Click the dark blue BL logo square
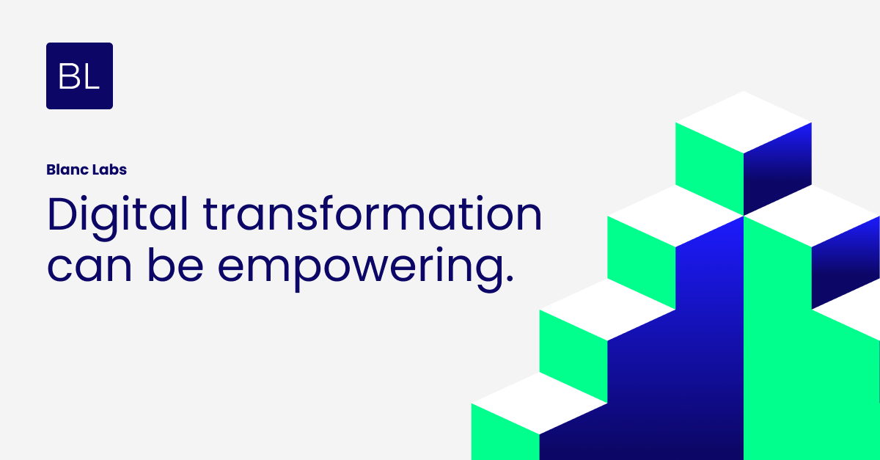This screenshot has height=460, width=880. click(79, 76)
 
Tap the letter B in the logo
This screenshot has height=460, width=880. click(69, 76)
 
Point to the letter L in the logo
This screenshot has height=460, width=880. click(91, 76)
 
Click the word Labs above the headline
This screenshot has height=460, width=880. click(106, 169)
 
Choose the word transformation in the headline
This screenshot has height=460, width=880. click(373, 214)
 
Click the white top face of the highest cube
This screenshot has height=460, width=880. click(744, 122)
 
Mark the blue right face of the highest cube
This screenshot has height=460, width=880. click(777, 169)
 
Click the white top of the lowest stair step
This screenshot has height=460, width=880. click(539, 403)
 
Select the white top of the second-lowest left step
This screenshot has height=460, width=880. click(607, 309)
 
